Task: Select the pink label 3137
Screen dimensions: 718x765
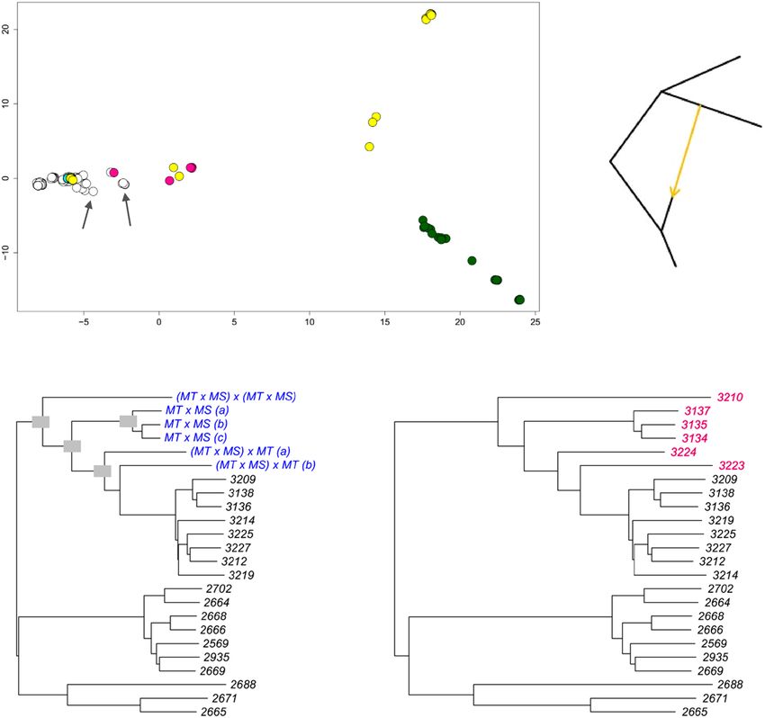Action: [x=697, y=410]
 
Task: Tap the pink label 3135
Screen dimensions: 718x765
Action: [x=697, y=424]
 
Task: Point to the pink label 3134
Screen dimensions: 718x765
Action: [x=697, y=437]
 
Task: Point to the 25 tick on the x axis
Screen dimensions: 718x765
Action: [x=535, y=319]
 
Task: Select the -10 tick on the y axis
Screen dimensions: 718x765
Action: [x=9, y=251]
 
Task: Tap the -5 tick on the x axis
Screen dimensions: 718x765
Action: [x=84, y=319]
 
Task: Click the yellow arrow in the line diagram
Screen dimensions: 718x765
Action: [x=687, y=149]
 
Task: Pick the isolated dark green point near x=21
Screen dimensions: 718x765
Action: [x=472, y=260]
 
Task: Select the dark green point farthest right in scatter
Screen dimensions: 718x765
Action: [x=519, y=300]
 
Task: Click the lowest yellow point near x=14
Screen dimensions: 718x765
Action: [x=369, y=147]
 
